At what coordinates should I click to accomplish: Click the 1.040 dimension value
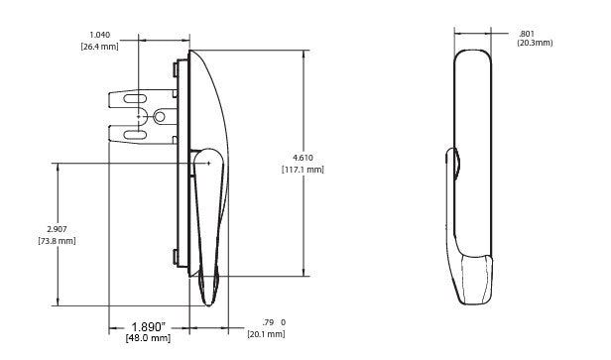click(x=100, y=35)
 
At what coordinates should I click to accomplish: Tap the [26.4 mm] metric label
click(x=100, y=47)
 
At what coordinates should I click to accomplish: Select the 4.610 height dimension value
click(x=303, y=158)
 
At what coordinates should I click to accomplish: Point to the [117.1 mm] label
click(x=303, y=170)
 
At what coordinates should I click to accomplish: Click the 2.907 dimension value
click(x=57, y=229)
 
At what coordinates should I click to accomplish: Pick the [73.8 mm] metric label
click(x=57, y=241)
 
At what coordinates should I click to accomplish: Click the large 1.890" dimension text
click(x=148, y=326)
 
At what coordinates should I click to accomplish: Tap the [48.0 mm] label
click(x=148, y=338)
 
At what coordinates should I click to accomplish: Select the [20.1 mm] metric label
click(x=266, y=334)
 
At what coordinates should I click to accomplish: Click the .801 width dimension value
click(x=527, y=34)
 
